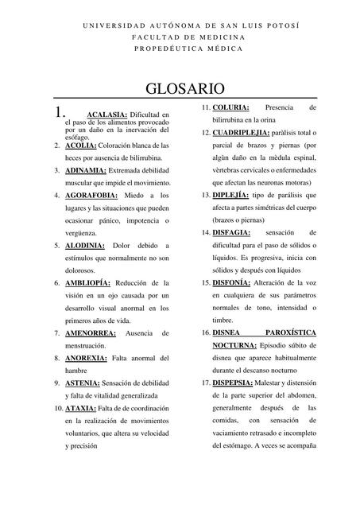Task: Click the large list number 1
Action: pos(56,114)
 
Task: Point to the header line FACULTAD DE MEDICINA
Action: pos(188,37)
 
